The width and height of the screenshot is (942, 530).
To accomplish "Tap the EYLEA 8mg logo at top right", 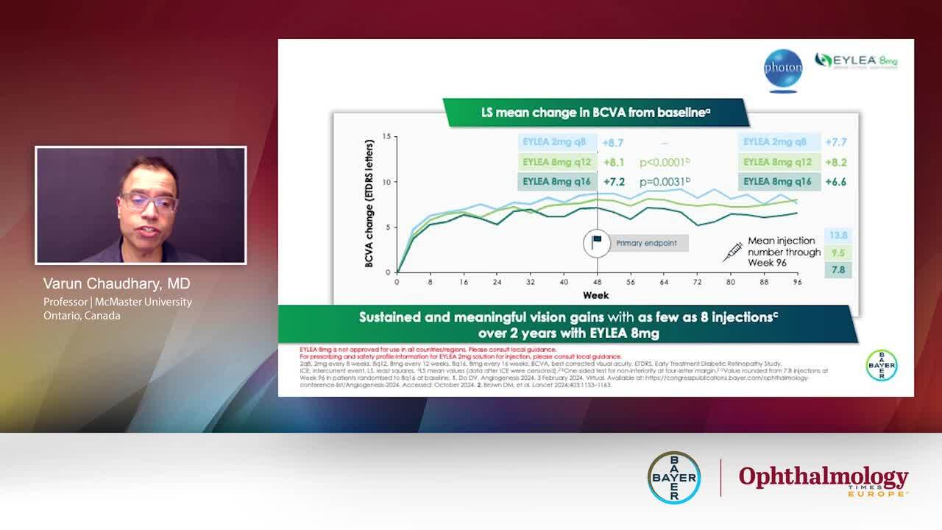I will (856, 61).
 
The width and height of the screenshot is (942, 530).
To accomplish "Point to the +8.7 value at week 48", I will (614, 143).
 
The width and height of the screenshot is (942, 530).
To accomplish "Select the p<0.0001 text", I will (665, 162).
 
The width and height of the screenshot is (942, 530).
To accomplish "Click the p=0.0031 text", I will (665, 181).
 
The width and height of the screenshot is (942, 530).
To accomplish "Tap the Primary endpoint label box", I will (646, 243).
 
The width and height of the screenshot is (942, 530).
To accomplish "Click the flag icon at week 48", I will (597, 242).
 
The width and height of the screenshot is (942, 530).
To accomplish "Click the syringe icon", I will (732, 252).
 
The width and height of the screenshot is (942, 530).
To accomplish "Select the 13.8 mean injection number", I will (838, 236).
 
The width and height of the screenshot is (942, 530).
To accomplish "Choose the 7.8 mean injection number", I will (838, 270).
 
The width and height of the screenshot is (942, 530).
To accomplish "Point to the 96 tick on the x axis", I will (796, 282).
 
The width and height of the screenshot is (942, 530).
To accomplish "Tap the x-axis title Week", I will (595, 295).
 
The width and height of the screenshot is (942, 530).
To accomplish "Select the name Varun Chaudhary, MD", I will (117, 284).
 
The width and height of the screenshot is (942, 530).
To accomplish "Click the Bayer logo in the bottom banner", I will (673, 477).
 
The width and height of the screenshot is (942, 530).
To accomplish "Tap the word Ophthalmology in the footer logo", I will (823, 476).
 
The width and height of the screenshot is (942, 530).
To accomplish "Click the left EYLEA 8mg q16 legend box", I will (556, 181).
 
